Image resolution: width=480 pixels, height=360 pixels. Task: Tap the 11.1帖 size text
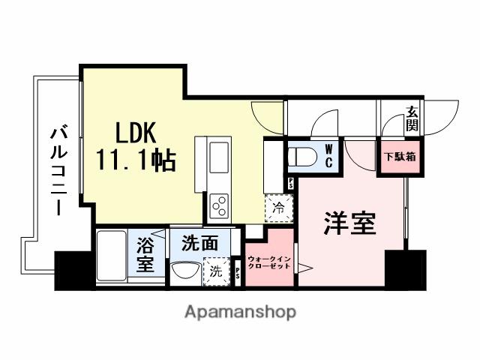pyautogui.click(x=136, y=160)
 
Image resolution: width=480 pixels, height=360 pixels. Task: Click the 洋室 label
pyautogui.click(x=349, y=223)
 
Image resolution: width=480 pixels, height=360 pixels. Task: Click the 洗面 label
pyautogui.click(x=199, y=243)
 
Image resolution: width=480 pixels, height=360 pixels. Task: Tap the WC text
pyautogui.click(x=328, y=156)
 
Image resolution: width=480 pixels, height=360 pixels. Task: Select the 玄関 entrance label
pyautogui.click(x=413, y=118)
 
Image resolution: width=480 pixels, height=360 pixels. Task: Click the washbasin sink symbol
pyautogui.click(x=184, y=270)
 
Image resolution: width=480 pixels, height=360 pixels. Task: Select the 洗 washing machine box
pyautogui.click(x=216, y=271)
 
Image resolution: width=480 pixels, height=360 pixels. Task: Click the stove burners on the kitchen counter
pyautogui.click(x=220, y=202)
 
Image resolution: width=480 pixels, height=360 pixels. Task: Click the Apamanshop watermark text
pyautogui.click(x=240, y=310)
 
